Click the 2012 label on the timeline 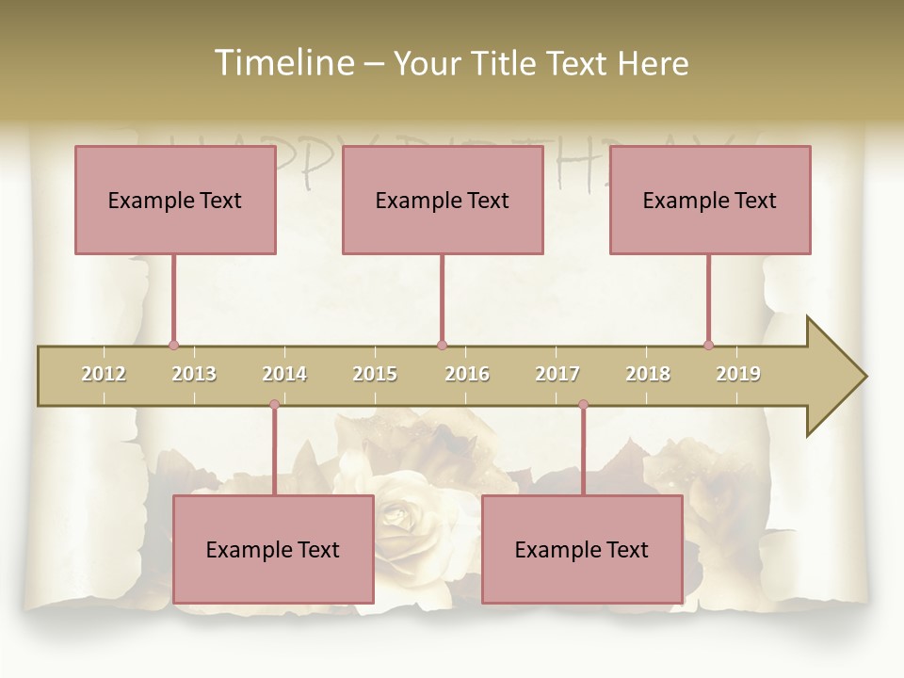(104, 374)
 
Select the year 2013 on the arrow (194, 374)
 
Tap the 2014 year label (284, 374)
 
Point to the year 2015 (375, 374)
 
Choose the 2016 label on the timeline (467, 374)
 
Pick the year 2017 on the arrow (557, 374)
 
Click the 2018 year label (648, 374)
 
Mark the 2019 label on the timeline (738, 374)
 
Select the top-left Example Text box (175, 200)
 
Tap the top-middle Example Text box (443, 200)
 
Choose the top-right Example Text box (710, 200)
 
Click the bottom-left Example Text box (273, 549)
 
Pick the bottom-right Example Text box (582, 549)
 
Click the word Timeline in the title (282, 63)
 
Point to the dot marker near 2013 (173, 346)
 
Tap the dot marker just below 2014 (274, 405)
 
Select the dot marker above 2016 (442, 346)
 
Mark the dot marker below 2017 (583, 405)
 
